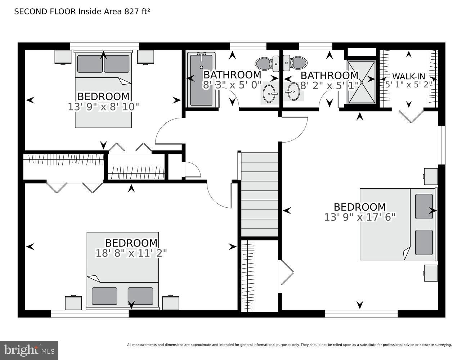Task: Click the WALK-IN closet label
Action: [408, 76]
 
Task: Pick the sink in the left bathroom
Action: [270, 93]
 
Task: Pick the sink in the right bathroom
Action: [293, 92]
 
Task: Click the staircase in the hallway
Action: [260, 194]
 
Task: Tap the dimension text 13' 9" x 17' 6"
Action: [360, 217]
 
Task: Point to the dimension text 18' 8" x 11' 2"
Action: [131, 253]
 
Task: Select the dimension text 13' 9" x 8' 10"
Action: [103, 107]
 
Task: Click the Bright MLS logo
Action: [29, 350]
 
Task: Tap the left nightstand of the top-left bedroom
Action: [63, 57]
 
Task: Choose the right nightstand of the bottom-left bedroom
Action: [170, 302]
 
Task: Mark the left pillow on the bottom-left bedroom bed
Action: [104, 296]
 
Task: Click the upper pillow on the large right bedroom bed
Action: [424, 206]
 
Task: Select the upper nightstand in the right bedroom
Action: [430, 176]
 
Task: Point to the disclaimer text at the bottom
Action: [289, 345]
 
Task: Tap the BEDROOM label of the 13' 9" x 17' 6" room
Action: [360, 207]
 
